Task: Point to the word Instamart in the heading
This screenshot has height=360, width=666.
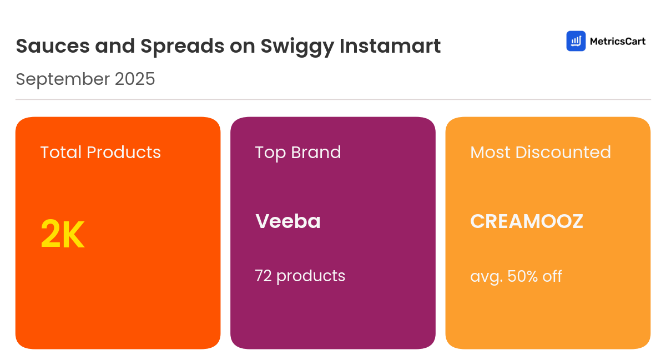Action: click(390, 46)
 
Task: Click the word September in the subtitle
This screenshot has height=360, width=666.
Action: click(62, 80)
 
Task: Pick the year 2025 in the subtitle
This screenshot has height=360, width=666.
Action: click(135, 79)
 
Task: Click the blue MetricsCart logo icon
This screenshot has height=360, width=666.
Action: click(576, 41)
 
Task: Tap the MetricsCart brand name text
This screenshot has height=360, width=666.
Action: click(617, 41)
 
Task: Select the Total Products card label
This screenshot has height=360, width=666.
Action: click(100, 153)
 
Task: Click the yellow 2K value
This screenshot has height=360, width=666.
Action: click(62, 235)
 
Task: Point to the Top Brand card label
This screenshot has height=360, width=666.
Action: click(298, 153)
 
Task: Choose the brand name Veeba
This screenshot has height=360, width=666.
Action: click(288, 221)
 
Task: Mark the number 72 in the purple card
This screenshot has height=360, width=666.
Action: click(263, 276)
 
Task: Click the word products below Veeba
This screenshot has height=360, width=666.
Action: click(311, 276)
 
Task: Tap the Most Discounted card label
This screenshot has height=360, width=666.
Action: click(541, 153)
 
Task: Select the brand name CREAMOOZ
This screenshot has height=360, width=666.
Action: click(527, 221)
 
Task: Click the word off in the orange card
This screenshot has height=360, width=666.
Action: click(552, 276)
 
